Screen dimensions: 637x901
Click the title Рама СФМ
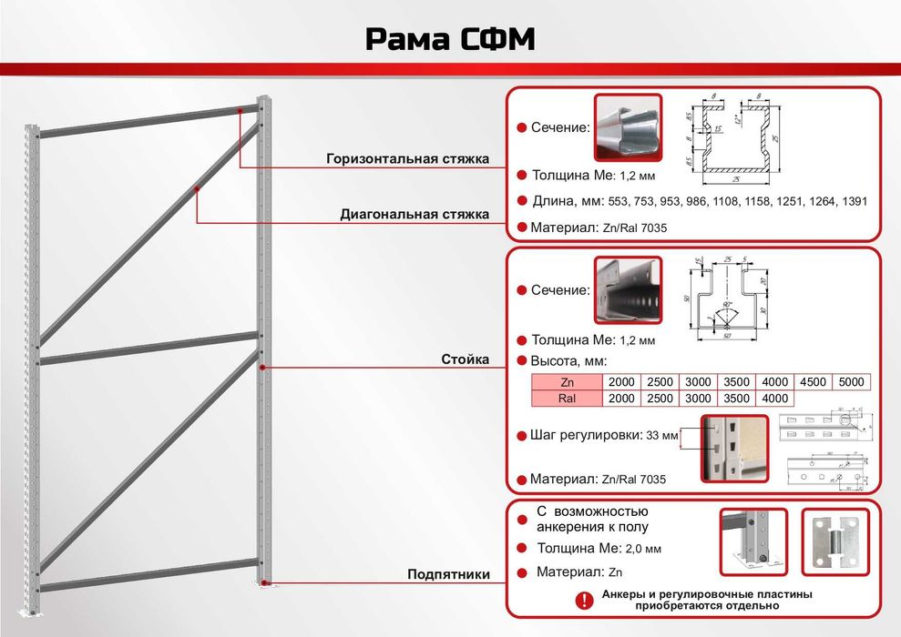coord(449,39)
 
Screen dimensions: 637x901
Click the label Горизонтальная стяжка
coord(407,159)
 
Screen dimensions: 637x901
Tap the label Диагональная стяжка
coord(415,215)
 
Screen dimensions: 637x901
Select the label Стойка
coord(466,360)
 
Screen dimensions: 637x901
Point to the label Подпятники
coord(449,574)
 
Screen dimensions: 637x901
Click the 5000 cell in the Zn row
coord(851,382)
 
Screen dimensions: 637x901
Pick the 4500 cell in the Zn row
coord(813,382)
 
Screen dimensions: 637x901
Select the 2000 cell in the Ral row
coord(620,399)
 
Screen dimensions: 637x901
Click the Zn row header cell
coord(567,382)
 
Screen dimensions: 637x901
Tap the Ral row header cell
coord(567,399)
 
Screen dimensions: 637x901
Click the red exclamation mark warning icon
coord(584,600)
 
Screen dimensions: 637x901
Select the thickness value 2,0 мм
coord(643,549)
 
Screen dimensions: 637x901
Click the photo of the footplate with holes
coord(835,541)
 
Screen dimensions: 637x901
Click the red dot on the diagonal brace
coord(197,188)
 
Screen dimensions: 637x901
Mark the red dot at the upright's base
coord(263,582)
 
